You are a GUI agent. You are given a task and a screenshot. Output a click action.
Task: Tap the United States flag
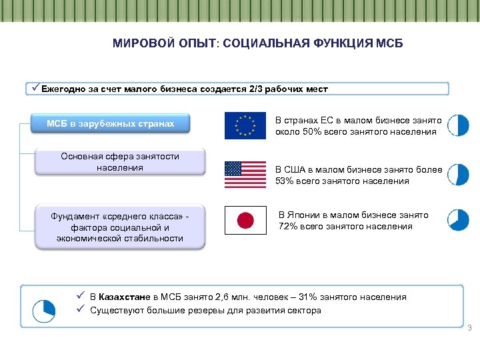pyautogui.click(x=245, y=174)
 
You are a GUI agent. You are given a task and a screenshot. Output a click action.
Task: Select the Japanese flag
pyautogui.click(x=245, y=220)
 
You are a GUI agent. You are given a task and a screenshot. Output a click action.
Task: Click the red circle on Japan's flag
pyautogui.click(x=245, y=220)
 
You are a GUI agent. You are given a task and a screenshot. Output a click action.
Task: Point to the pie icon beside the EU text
pyautogui.click(x=458, y=125)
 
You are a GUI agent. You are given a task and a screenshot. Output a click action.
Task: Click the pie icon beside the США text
pyautogui.click(x=458, y=174)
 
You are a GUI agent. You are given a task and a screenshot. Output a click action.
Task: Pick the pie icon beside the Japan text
pyautogui.click(x=458, y=219)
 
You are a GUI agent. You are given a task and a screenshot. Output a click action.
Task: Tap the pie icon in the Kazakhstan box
pyautogui.click(x=44, y=308)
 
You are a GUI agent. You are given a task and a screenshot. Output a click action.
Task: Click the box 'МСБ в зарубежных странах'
pyautogui.click(x=111, y=123)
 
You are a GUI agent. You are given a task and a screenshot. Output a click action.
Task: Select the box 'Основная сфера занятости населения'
pyautogui.click(x=120, y=162)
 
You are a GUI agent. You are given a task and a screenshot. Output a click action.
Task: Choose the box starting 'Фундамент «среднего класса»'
pyautogui.click(x=120, y=227)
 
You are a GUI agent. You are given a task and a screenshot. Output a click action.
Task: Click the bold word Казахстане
pyautogui.click(x=125, y=297)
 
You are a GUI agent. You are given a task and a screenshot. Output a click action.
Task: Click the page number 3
pyautogui.click(x=469, y=327)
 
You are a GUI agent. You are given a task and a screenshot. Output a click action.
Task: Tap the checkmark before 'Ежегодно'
pyautogui.click(x=35, y=88)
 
